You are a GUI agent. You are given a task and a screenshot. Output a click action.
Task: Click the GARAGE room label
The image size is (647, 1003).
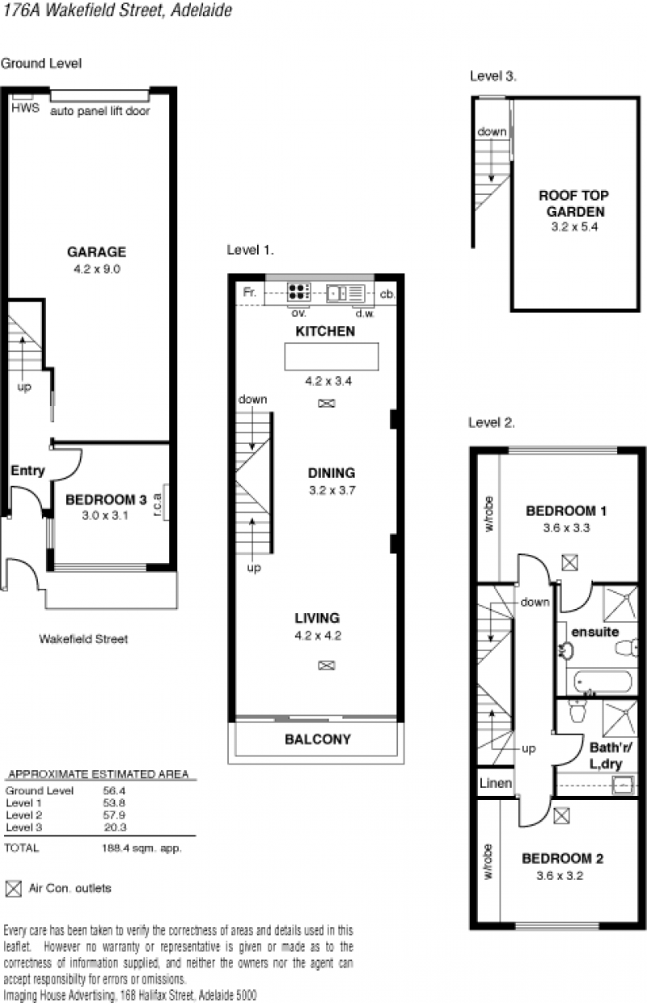click(97, 252)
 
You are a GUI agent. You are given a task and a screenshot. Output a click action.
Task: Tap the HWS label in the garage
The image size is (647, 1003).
click(25, 108)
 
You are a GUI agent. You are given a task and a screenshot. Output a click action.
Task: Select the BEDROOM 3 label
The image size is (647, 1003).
click(106, 500)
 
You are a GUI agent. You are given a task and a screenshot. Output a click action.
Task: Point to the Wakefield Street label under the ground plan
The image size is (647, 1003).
click(84, 639)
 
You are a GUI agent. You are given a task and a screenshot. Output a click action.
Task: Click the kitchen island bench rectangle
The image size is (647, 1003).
click(332, 357)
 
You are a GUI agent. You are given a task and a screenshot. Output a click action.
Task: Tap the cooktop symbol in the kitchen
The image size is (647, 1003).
click(299, 291)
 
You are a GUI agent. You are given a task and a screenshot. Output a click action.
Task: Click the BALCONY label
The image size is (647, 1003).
click(318, 739)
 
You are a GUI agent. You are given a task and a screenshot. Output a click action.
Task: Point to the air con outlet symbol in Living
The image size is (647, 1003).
click(327, 666)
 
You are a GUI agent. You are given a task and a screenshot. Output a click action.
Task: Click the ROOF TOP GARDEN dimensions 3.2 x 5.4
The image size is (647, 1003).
click(574, 227)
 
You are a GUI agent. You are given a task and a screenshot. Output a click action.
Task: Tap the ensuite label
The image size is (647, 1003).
click(595, 632)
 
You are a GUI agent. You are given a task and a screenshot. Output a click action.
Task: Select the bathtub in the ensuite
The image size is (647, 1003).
click(603, 682)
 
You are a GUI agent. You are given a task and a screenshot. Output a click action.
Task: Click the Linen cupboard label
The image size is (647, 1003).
click(496, 783)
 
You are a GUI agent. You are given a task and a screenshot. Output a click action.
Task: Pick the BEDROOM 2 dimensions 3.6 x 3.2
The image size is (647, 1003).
click(560, 875)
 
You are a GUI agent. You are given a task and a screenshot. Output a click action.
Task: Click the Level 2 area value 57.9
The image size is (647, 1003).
click(114, 815)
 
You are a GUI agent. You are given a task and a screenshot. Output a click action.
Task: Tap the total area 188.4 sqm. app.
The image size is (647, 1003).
click(142, 848)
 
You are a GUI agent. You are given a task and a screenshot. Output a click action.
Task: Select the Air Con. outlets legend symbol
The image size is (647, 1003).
click(14, 889)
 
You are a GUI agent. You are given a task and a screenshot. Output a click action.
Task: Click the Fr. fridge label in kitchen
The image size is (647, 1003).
click(250, 292)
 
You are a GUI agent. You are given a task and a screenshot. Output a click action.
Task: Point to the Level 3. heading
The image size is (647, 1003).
click(493, 76)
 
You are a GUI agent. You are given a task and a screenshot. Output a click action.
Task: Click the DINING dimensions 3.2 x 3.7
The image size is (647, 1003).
click(332, 490)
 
